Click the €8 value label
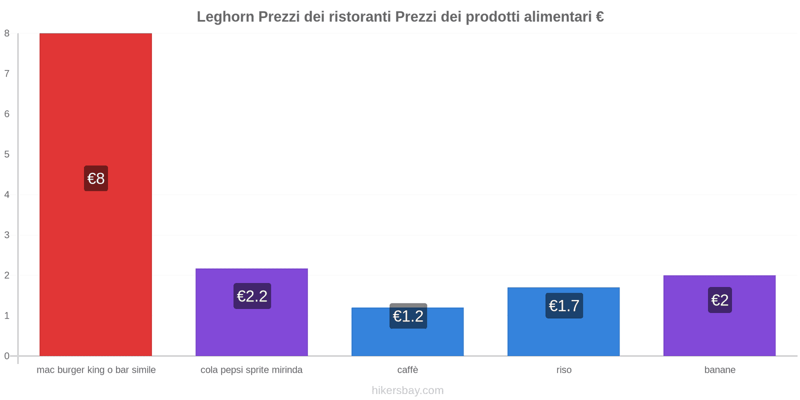(x=96, y=178)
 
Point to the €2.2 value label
(x=252, y=296)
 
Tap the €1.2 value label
(x=408, y=316)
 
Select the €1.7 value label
(x=564, y=305)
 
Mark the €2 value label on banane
(x=719, y=300)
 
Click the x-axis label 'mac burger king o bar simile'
(x=96, y=370)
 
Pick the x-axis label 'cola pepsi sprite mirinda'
(x=251, y=370)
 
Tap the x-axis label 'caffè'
(x=407, y=370)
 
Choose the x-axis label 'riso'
(x=564, y=370)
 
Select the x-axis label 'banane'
(x=719, y=370)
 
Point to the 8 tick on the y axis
(x=7, y=33)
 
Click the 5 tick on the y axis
(x=7, y=154)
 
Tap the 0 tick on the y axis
(x=7, y=356)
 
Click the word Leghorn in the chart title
(x=225, y=17)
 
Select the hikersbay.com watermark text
(x=407, y=390)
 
